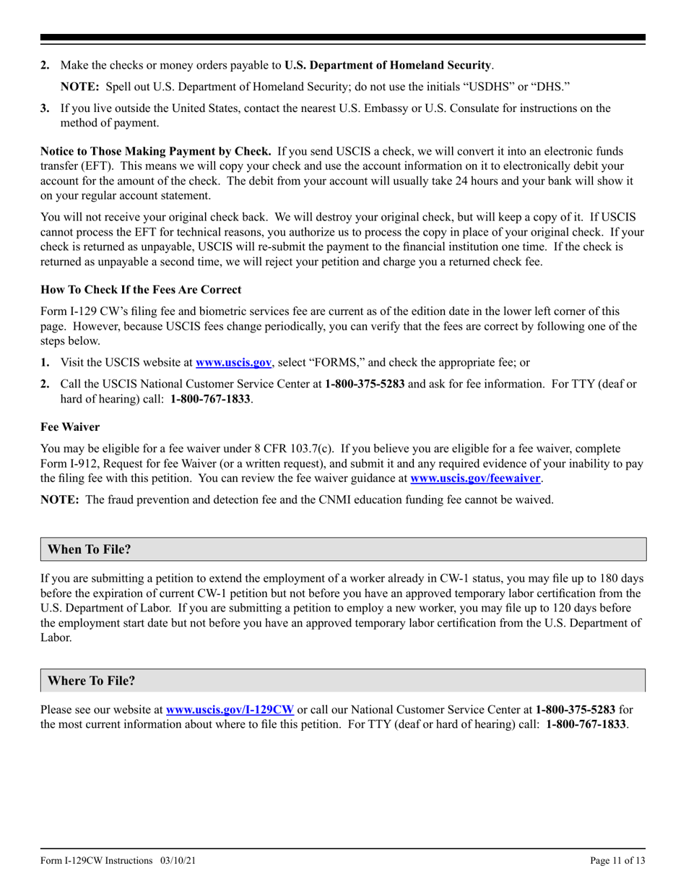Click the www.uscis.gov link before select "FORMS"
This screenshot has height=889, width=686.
click(233, 363)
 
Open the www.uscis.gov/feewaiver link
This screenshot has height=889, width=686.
click(475, 478)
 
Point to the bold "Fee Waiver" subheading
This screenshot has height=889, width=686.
click(70, 427)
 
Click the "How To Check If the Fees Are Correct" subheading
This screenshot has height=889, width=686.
click(141, 289)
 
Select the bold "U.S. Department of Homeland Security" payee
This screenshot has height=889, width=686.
click(388, 65)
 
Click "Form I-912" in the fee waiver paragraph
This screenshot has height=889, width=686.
click(69, 463)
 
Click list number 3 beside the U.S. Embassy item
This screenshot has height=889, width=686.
click(45, 108)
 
